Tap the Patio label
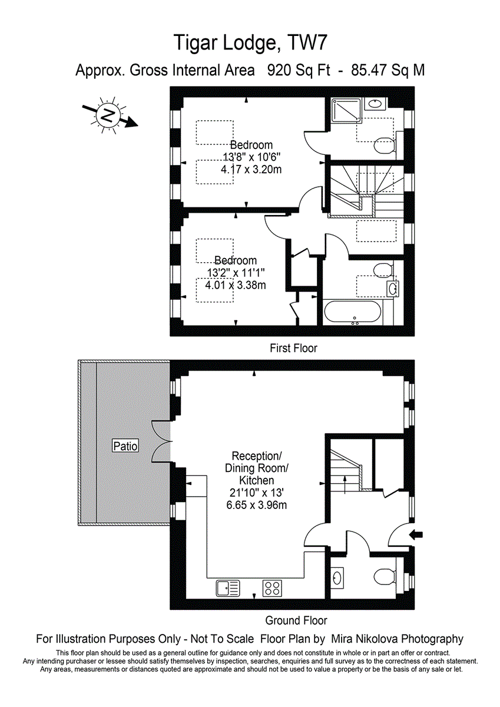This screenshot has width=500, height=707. [x=125, y=446]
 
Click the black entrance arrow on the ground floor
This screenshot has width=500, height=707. [x=416, y=535]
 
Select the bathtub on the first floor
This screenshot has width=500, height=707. [x=352, y=312]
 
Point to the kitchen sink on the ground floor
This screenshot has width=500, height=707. [x=228, y=587]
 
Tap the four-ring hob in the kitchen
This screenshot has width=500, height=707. [x=272, y=587]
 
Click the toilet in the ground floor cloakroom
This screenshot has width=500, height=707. [x=386, y=576]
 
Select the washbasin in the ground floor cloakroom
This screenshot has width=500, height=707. [x=337, y=577]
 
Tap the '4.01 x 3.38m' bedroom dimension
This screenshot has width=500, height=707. [x=235, y=285]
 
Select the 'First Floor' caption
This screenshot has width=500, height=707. [x=293, y=348]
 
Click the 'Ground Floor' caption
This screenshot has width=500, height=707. [x=296, y=620]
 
